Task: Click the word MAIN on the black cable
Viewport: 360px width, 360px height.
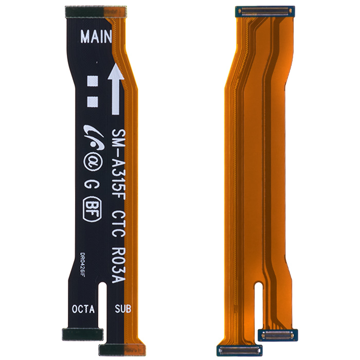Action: [96, 37]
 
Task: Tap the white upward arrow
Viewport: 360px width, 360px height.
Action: [116, 89]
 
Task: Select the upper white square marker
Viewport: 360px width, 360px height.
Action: [93, 81]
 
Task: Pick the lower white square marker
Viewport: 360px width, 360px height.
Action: [93, 102]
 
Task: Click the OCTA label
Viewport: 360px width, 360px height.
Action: [83, 309]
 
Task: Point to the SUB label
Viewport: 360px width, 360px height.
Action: [123, 309]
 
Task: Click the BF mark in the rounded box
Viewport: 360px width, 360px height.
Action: [92, 209]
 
